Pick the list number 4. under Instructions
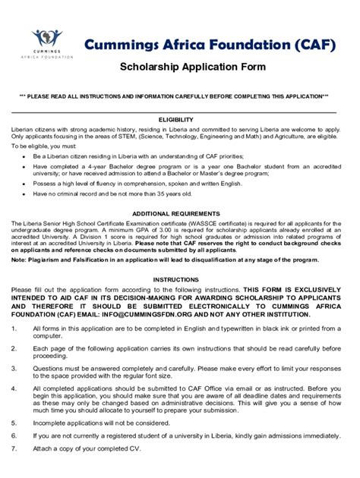(x=14, y=388)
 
